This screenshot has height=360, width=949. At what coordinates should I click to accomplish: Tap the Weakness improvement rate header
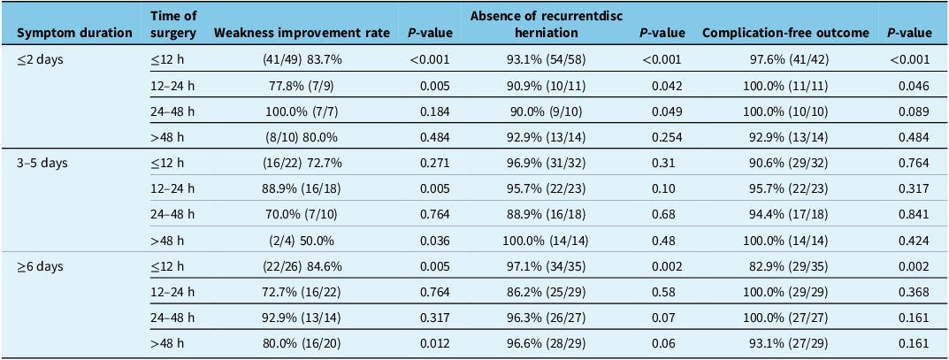pos(302,34)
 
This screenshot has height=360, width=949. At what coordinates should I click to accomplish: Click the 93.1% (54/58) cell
pos(547,60)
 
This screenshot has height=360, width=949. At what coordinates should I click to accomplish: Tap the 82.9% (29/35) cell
pos(787,267)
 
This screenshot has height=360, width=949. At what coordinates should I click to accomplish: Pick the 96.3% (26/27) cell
pos(547,318)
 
